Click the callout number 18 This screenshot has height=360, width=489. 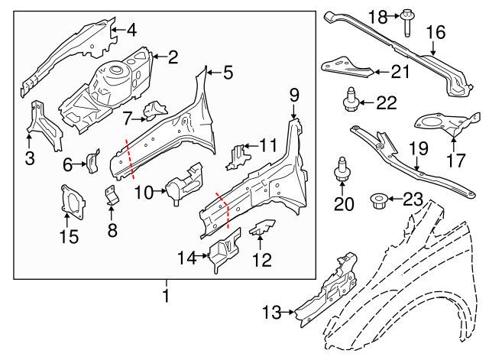(x=378, y=16)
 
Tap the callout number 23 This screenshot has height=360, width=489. (x=413, y=201)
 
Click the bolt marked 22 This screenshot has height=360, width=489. (x=353, y=101)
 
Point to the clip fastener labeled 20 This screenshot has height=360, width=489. (x=340, y=172)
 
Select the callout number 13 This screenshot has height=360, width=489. (x=271, y=312)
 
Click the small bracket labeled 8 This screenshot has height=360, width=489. (x=112, y=196)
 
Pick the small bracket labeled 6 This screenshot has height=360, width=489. (x=93, y=161)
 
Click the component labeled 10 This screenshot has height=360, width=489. (x=184, y=184)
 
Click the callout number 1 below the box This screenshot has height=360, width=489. (x=165, y=294)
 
